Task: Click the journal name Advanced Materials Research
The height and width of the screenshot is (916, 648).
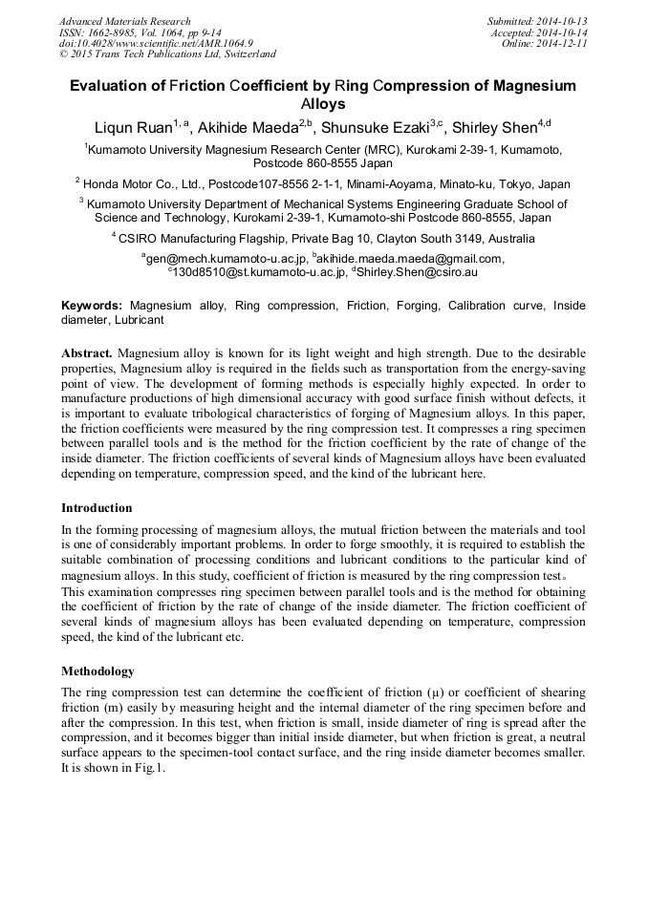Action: (124, 21)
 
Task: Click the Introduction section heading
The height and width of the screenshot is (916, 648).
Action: (97, 508)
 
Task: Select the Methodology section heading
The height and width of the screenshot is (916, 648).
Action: (97, 671)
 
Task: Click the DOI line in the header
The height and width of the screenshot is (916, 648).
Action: (157, 43)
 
